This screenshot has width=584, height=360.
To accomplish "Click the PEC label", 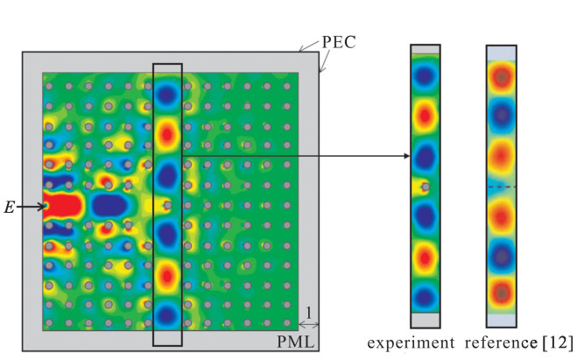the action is coord(339,42).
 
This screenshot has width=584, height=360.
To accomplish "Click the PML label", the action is coord(295,342).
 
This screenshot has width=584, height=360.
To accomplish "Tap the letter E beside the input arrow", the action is coord(10,208).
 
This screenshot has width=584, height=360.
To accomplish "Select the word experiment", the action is coord(411,342).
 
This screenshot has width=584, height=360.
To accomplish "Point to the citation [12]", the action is coord(557,342).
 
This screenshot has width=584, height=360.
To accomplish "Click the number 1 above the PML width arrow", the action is coord(309,313).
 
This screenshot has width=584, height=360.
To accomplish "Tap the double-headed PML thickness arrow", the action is coord(309,325).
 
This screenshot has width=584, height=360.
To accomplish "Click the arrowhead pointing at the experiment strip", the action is coord(407,156).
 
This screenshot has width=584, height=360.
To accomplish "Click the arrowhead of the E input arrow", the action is coord(42,206).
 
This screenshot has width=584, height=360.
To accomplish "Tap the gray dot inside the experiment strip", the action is coord(426,187).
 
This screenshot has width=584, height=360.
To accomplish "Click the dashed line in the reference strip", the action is coord(502,187).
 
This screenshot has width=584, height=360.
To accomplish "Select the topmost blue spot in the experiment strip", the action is coord(425,75).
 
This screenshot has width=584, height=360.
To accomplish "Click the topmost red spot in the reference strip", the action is coord(502,77).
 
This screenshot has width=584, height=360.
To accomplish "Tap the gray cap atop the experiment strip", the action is coord(426,49).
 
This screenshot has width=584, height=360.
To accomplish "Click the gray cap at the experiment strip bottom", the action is coord(426,320).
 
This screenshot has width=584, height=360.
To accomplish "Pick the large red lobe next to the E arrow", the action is coord(62,205).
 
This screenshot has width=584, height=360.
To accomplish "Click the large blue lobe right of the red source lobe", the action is coord(110,206).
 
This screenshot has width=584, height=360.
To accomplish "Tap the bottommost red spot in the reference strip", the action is coord(502,293).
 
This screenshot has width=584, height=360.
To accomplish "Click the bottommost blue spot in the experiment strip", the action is coord(425,297).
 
